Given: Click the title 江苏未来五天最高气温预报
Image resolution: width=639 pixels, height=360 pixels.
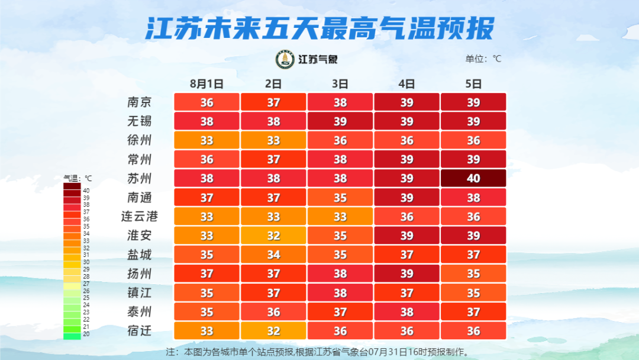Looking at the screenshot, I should [x=319, y=28].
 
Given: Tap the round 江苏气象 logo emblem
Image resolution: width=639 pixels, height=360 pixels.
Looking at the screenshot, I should [x=285, y=59].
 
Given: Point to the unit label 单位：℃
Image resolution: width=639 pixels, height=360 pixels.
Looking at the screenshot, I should [x=483, y=59].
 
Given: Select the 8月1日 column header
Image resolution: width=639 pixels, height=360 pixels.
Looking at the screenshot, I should [x=206, y=83].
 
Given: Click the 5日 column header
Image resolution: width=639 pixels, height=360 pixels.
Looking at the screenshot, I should [x=473, y=83].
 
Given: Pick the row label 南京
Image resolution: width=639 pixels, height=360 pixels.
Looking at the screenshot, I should [x=140, y=102].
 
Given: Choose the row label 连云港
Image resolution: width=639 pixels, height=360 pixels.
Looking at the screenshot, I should [x=140, y=216].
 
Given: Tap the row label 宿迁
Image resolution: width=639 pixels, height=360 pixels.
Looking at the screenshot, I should [x=140, y=330].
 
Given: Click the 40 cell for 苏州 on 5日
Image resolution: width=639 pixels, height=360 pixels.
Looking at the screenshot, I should [x=473, y=178].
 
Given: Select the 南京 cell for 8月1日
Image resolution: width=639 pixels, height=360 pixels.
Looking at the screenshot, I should [x=206, y=102].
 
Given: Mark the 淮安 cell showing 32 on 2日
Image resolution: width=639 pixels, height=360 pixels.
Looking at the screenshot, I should [x=273, y=236].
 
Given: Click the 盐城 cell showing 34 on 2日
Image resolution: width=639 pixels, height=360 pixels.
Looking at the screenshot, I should [x=273, y=255].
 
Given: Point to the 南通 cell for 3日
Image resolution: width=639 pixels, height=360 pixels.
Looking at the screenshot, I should [x=340, y=197].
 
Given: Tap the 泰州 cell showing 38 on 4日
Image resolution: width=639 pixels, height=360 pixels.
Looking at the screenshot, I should [x=406, y=311].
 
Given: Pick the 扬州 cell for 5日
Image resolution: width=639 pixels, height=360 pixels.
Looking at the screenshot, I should [x=473, y=274].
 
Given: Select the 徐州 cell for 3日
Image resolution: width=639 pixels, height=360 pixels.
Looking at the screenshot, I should [x=340, y=140].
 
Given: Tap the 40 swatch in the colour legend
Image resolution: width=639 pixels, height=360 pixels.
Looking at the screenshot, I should [x=72, y=187].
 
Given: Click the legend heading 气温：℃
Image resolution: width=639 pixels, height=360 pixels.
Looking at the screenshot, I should [x=78, y=178].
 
